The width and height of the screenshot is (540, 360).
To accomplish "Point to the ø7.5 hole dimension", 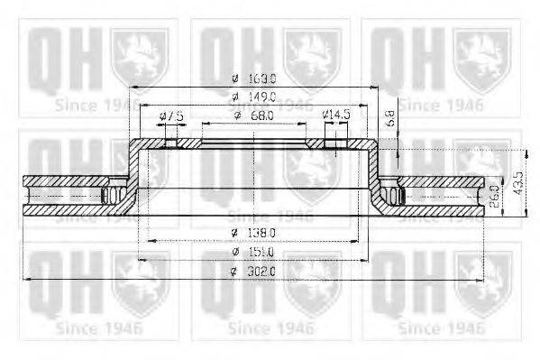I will pyautogui.click(x=170, y=116).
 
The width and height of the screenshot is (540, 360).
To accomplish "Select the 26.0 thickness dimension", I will pyautogui.click(x=494, y=196).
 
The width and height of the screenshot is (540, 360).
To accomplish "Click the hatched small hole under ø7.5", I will pyautogui.click(x=170, y=142).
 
